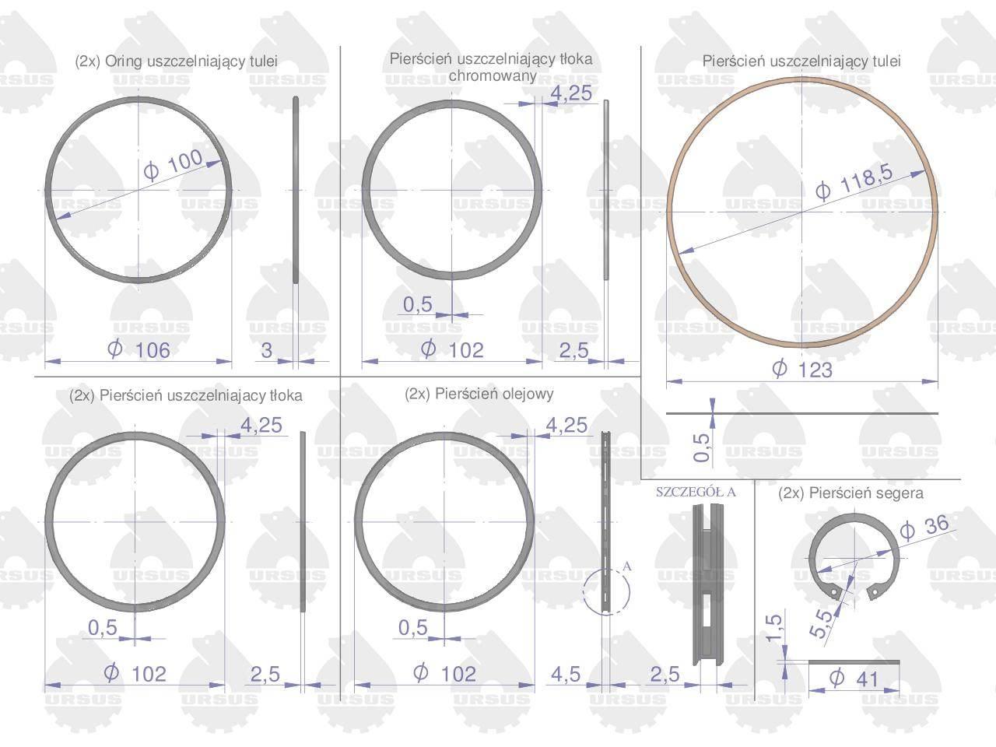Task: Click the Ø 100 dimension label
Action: click(173, 165)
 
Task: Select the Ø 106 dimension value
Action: click(139, 349)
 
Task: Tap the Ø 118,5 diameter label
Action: click(854, 181)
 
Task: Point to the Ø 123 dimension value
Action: click(801, 369)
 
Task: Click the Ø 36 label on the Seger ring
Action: click(924, 528)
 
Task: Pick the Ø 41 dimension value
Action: click(854, 679)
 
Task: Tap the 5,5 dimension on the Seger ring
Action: click(821, 623)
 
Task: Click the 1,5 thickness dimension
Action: click(774, 628)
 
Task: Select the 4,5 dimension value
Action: click(566, 675)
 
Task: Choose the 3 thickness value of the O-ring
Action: click(266, 350)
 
